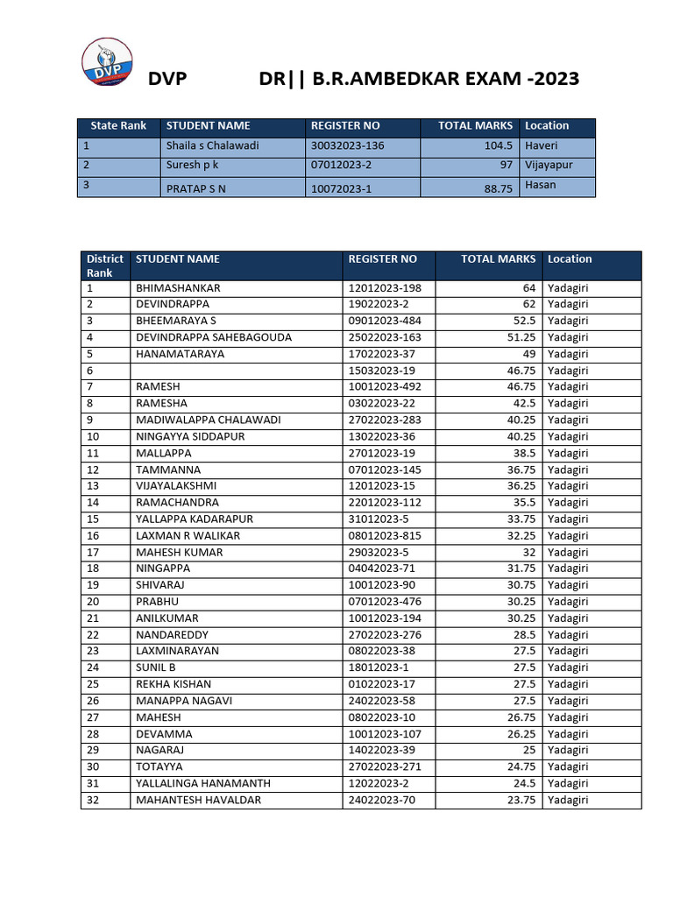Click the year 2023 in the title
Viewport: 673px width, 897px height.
tap(549, 79)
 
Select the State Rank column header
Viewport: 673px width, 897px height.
tap(118, 126)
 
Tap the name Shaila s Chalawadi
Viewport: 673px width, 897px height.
tap(212, 146)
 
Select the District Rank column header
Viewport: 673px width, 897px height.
tap(104, 265)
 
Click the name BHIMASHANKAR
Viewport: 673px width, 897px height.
tap(178, 288)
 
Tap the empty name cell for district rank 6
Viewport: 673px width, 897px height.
tap(236, 371)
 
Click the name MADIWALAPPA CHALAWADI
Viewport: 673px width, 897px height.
tap(209, 420)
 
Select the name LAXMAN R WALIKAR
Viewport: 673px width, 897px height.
tap(188, 535)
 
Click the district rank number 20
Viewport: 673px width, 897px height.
tap(93, 602)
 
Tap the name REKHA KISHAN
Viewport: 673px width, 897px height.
tap(174, 684)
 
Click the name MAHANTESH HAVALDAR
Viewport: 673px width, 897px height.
tap(198, 800)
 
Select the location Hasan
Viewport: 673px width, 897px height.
tap(541, 185)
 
